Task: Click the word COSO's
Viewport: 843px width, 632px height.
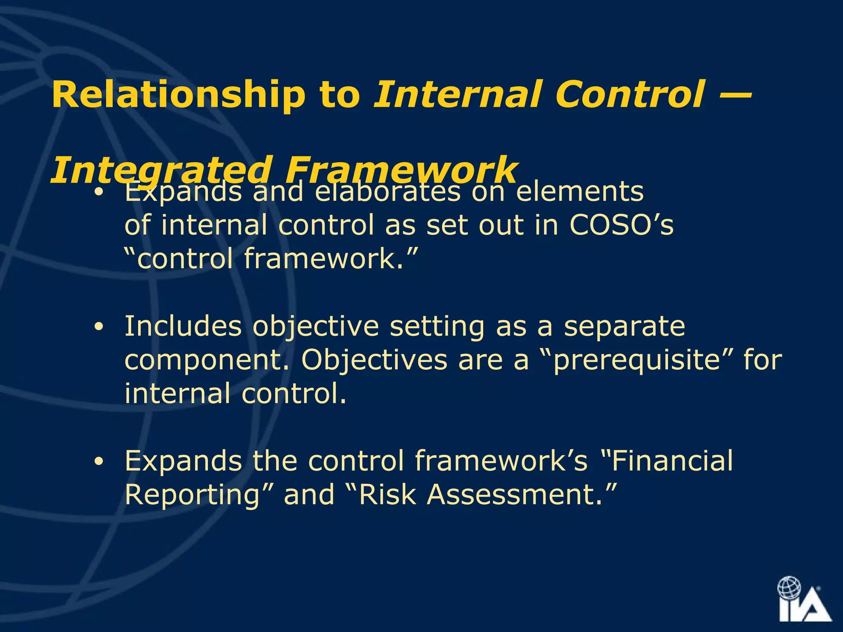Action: click(x=621, y=225)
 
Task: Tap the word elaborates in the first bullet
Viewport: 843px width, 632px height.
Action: click(x=387, y=191)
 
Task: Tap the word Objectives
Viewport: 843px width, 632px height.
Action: click(x=374, y=360)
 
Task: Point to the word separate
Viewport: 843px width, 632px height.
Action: click(x=624, y=326)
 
